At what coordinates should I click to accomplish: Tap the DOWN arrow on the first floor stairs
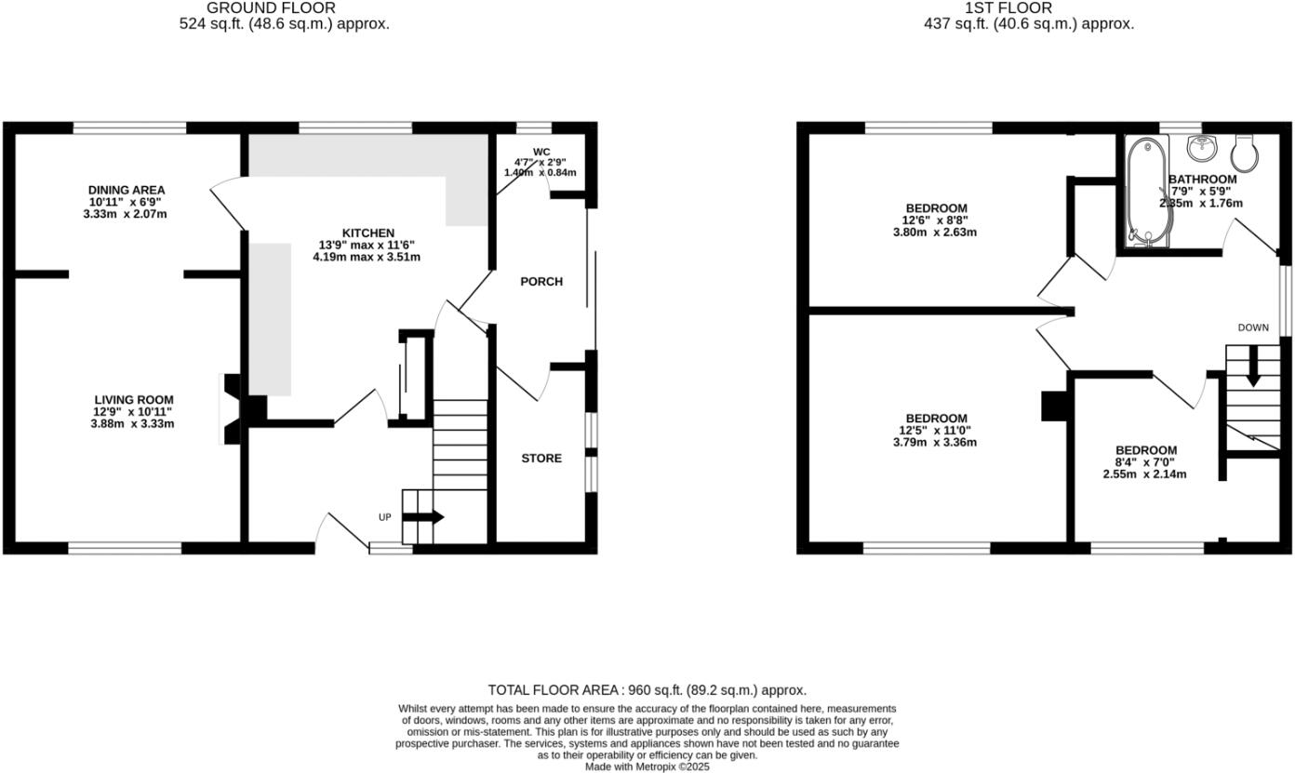pyautogui.click(x=1252, y=366)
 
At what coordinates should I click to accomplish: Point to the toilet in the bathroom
pyautogui.click(x=1245, y=151)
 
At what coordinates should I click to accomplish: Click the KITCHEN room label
pyautogui.click(x=368, y=233)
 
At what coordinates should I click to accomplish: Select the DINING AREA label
pyautogui.click(x=127, y=190)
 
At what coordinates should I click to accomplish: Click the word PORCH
pyautogui.click(x=541, y=281)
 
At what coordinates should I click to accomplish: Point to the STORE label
pyautogui.click(x=541, y=458)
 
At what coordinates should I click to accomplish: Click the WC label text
pyautogui.click(x=541, y=152)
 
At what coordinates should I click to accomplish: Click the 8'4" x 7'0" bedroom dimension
pyautogui.click(x=1144, y=462)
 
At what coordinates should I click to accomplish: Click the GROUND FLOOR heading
pyautogui.click(x=284, y=8)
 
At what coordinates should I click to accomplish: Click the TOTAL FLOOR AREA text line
pyautogui.click(x=647, y=690)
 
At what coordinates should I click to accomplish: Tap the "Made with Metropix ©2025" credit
pyautogui.click(x=647, y=767)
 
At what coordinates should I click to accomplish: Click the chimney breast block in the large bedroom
pyautogui.click(x=1054, y=406)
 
